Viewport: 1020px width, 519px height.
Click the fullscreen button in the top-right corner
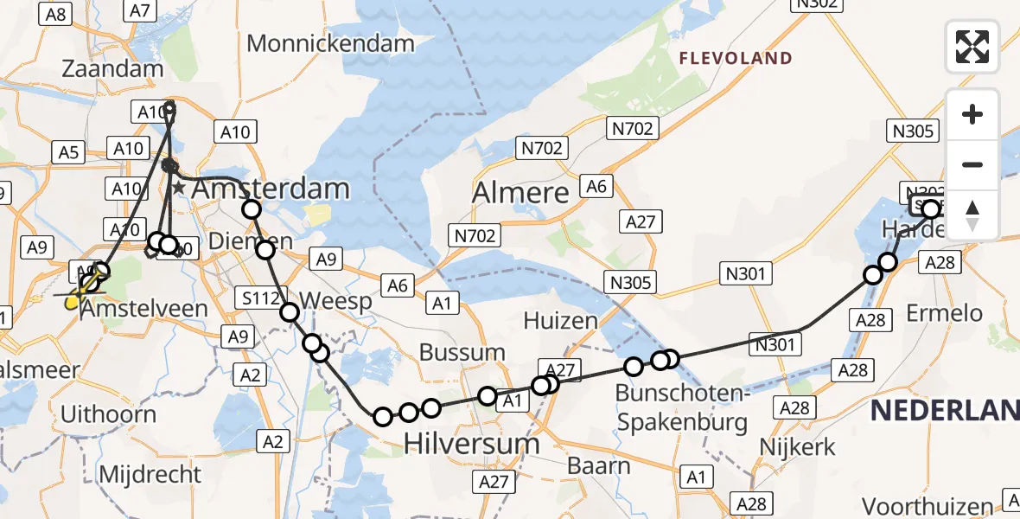pos(972,47)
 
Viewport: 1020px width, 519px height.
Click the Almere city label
pos(520,193)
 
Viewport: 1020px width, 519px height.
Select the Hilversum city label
pos(473,444)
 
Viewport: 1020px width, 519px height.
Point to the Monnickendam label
pos(331,43)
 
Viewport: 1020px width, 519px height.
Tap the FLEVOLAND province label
pos(736,59)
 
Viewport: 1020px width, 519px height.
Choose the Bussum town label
pos(462,352)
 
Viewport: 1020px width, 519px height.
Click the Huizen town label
pos(561,321)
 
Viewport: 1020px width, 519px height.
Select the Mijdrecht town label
pos(150,474)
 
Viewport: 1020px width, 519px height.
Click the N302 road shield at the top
pos(815,3)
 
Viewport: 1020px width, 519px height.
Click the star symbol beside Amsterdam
pos(178,188)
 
